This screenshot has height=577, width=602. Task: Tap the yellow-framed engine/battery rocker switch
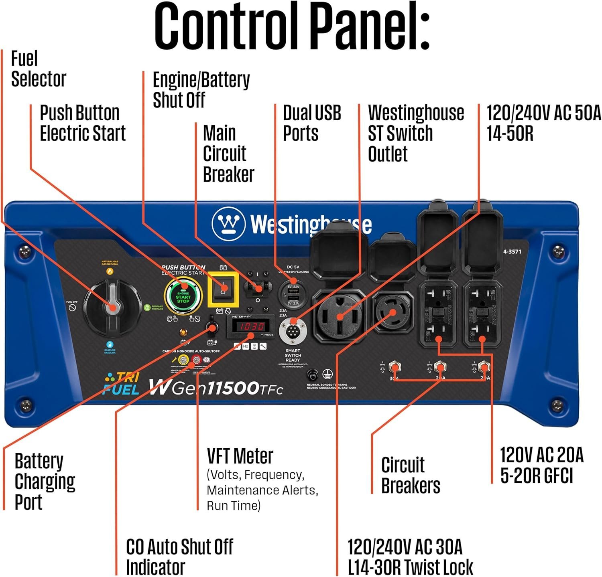pyautogui.click(x=223, y=290)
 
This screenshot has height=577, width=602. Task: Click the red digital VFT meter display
pyautogui.click(x=252, y=326)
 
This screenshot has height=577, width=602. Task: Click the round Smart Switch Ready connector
pyautogui.click(x=293, y=331)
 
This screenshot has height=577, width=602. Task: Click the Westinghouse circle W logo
pyautogui.click(x=228, y=224)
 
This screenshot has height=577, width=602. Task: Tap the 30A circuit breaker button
pyautogui.click(x=395, y=367)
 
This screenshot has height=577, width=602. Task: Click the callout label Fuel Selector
pyautogui.click(x=38, y=69)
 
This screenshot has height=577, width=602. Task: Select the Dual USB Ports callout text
pyautogui.click(x=311, y=123)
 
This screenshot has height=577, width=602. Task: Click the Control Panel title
pyautogui.click(x=292, y=26)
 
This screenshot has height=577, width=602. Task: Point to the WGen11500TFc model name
pyautogui.click(x=216, y=387)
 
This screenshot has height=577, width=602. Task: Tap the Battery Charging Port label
pyautogui.click(x=44, y=481)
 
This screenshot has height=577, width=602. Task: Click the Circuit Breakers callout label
pyautogui.click(x=410, y=475)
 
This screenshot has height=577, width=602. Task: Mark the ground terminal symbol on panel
pyautogui.click(x=327, y=375)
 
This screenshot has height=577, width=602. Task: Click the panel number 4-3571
pyautogui.click(x=512, y=251)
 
